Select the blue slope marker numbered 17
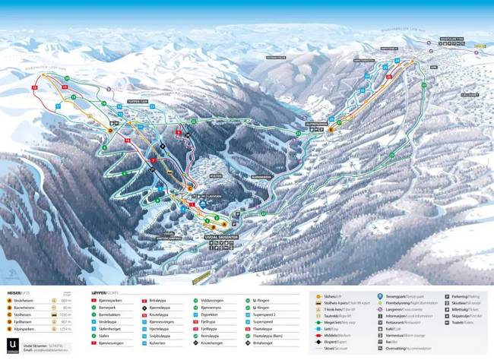click(57, 107)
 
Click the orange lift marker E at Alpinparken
click(330, 131)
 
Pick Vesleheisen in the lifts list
click(25, 300)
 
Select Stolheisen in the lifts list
click(25, 314)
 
